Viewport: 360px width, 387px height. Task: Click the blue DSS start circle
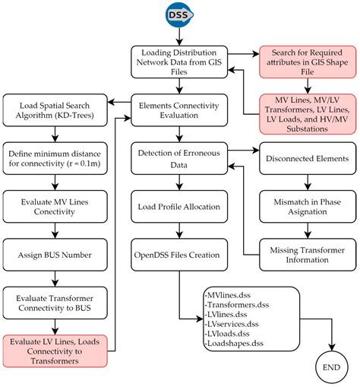(x=178, y=16)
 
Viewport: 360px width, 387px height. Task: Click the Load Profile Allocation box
(x=178, y=206)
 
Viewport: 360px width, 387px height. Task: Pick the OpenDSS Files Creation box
(x=178, y=252)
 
